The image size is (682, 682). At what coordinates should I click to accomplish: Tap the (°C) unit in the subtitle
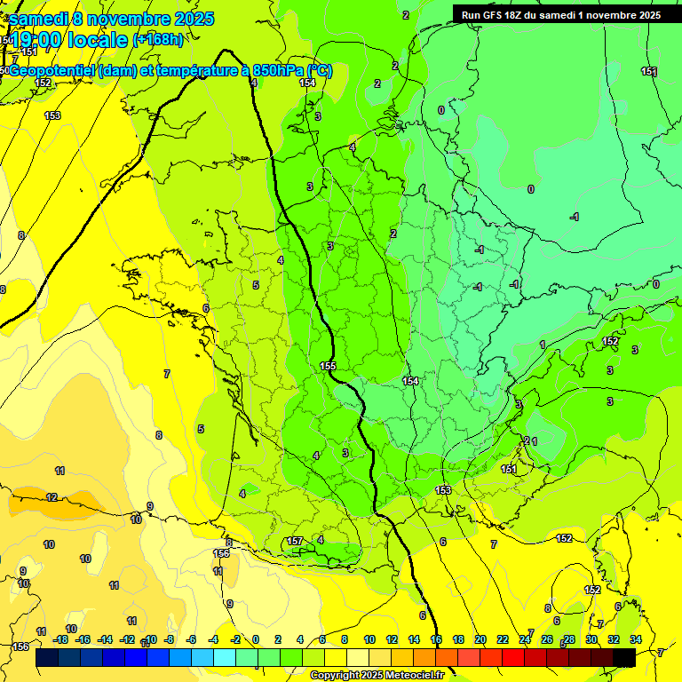pyautogui.click(x=317, y=71)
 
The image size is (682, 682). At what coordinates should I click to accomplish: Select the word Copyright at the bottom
pyautogui.click(x=337, y=676)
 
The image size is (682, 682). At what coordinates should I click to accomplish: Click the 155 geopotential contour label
pyautogui.click(x=328, y=366)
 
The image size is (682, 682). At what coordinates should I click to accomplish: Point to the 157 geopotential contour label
pyautogui.click(x=296, y=541)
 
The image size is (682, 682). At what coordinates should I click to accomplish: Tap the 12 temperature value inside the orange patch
pyautogui.click(x=52, y=497)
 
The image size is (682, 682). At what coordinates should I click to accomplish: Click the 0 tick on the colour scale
pyautogui.click(x=256, y=639)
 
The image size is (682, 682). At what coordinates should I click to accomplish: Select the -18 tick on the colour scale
pyautogui.click(x=60, y=639)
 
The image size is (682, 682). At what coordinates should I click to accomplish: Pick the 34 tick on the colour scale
pyautogui.click(x=636, y=639)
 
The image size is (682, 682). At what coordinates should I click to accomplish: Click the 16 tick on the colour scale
pyautogui.click(x=436, y=639)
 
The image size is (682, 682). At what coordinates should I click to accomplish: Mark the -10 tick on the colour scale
pyautogui.click(x=150, y=639)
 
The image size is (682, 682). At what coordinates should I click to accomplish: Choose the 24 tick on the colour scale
pyautogui.click(x=525, y=639)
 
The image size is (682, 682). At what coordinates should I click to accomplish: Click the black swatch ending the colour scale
pyautogui.click(x=624, y=657)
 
